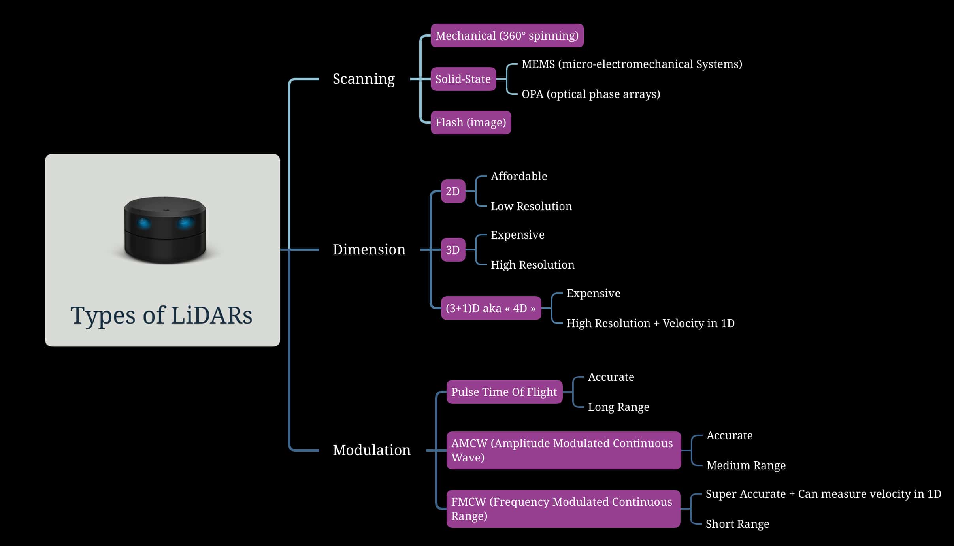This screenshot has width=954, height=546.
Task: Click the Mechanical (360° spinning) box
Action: tap(507, 36)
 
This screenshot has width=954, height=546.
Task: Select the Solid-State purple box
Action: tap(463, 79)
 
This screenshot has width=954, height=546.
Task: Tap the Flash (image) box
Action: tap(470, 122)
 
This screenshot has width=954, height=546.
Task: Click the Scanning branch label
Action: tap(364, 79)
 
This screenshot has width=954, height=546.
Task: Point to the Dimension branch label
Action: tap(369, 250)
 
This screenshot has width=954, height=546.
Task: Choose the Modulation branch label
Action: tap(371, 450)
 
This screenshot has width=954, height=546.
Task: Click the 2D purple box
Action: tap(453, 191)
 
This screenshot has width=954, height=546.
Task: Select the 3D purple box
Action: tap(453, 250)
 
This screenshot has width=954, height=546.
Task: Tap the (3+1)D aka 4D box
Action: tap(490, 308)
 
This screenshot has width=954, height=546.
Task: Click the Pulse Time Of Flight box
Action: tap(504, 392)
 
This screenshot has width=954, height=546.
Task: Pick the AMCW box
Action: tap(563, 450)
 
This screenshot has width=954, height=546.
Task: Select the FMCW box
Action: tap(563, 509)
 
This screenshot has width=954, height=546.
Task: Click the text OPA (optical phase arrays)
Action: tap(590, 94)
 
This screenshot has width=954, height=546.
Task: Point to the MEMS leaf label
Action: tap(632, 64)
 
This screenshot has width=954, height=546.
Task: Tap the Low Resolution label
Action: tap(531, 206)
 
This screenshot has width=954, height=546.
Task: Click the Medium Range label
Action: tap(746, 465)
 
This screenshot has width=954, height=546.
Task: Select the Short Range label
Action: tap(737, 524)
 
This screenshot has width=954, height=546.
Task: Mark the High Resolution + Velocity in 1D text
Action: tap(650, 323)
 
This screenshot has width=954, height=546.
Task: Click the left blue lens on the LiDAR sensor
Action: tap(144, 223)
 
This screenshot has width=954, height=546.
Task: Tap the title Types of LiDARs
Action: tap(161, 315)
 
